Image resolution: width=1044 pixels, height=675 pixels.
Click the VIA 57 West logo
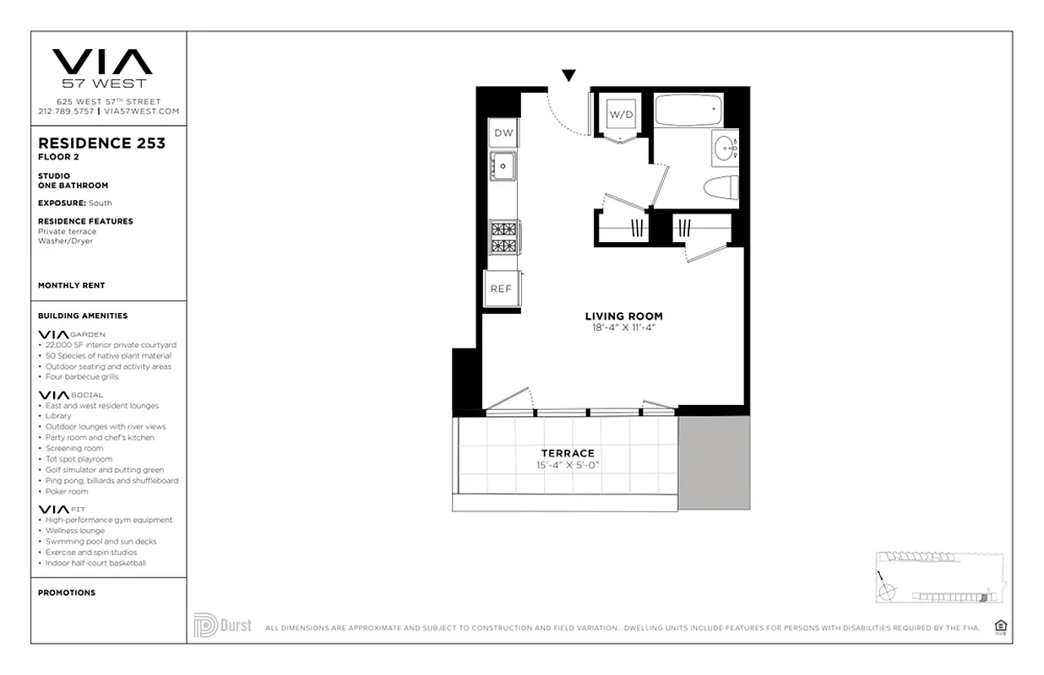pos(102,67)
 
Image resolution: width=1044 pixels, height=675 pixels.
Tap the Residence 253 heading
pos(102,143)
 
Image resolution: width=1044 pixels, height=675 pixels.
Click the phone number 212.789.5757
pos(66,111)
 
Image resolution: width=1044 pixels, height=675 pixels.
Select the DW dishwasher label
pos(503,133)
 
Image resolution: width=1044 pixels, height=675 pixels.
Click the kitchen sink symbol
pos(504,166)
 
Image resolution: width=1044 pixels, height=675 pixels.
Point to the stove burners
pos(505,237)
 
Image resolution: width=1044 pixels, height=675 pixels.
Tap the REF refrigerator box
pos(502,289)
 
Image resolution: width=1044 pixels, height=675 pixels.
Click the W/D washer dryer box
pos(621,115)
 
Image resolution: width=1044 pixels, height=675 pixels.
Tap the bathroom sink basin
pos(723,150)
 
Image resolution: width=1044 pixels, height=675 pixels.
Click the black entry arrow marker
pos(568,76)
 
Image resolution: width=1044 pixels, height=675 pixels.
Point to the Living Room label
pos(623,316)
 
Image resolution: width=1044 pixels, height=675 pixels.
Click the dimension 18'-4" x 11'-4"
pos(623,327)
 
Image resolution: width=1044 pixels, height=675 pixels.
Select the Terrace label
pos(568,453)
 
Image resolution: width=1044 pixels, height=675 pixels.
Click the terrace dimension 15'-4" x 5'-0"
pos(568,465)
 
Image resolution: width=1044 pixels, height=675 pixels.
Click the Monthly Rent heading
pos(72,285)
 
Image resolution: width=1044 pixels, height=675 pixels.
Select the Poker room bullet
pos(67,491)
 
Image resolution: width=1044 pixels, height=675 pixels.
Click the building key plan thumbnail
pos(938,579)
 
